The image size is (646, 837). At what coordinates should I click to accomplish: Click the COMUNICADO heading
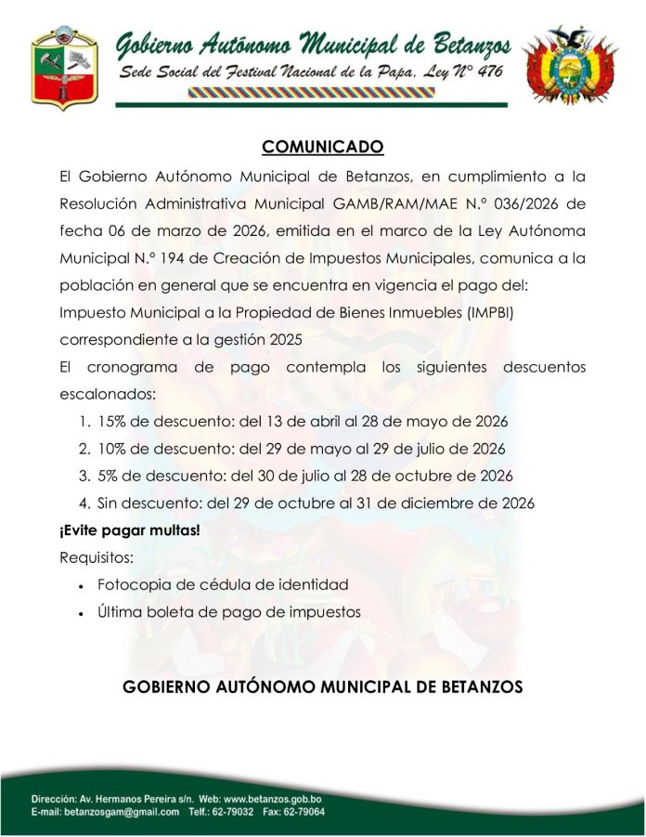pyautogui.click(x=322, y=147)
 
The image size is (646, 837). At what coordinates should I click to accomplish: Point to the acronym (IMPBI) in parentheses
pyautogui.click(x=483, y=313)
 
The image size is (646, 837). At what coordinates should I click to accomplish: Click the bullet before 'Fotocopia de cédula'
pyautogui.click(x=83, y=587)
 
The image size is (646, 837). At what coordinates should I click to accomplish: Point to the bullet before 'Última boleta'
pyautogui.click(x=83, y=614)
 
